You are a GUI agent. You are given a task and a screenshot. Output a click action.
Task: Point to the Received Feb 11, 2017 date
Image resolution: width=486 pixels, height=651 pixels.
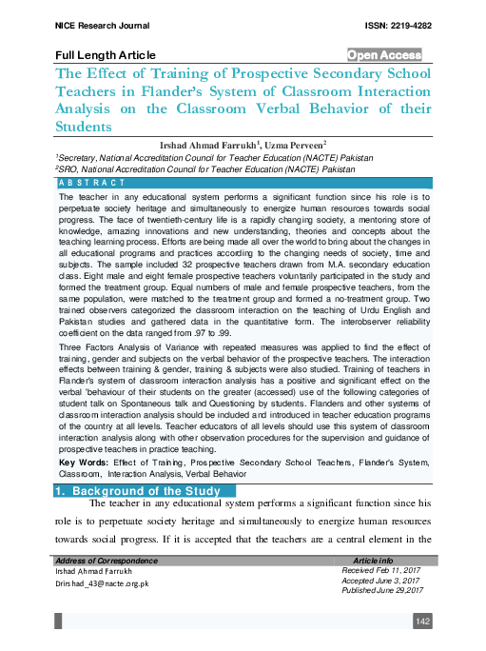click(x=382, y=570)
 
